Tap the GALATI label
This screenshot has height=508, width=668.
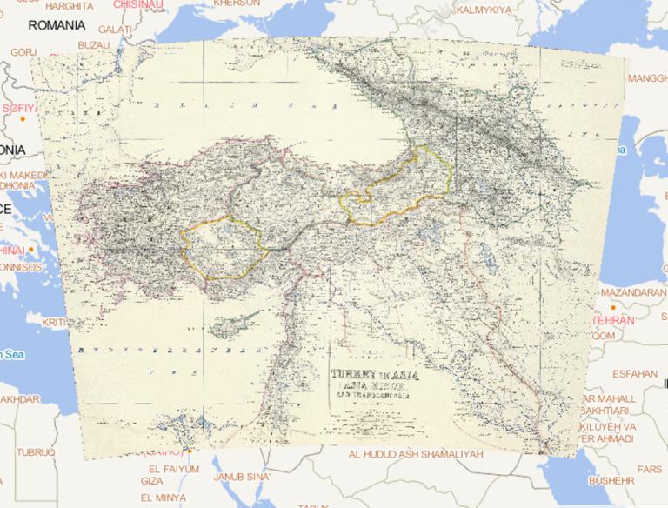coord(116,29)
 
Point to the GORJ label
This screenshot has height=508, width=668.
coord(23,52)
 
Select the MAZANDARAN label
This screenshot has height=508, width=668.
coord(632,292)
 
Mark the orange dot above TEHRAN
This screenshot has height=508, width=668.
coord(613,308)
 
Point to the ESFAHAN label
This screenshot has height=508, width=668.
coord(635,372)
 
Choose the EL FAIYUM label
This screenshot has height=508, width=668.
coord(169,468)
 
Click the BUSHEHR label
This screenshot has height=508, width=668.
coord(611,479)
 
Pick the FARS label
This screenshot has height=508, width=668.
coord(648,469)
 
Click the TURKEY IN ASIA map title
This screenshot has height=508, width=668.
coord(369,377)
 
